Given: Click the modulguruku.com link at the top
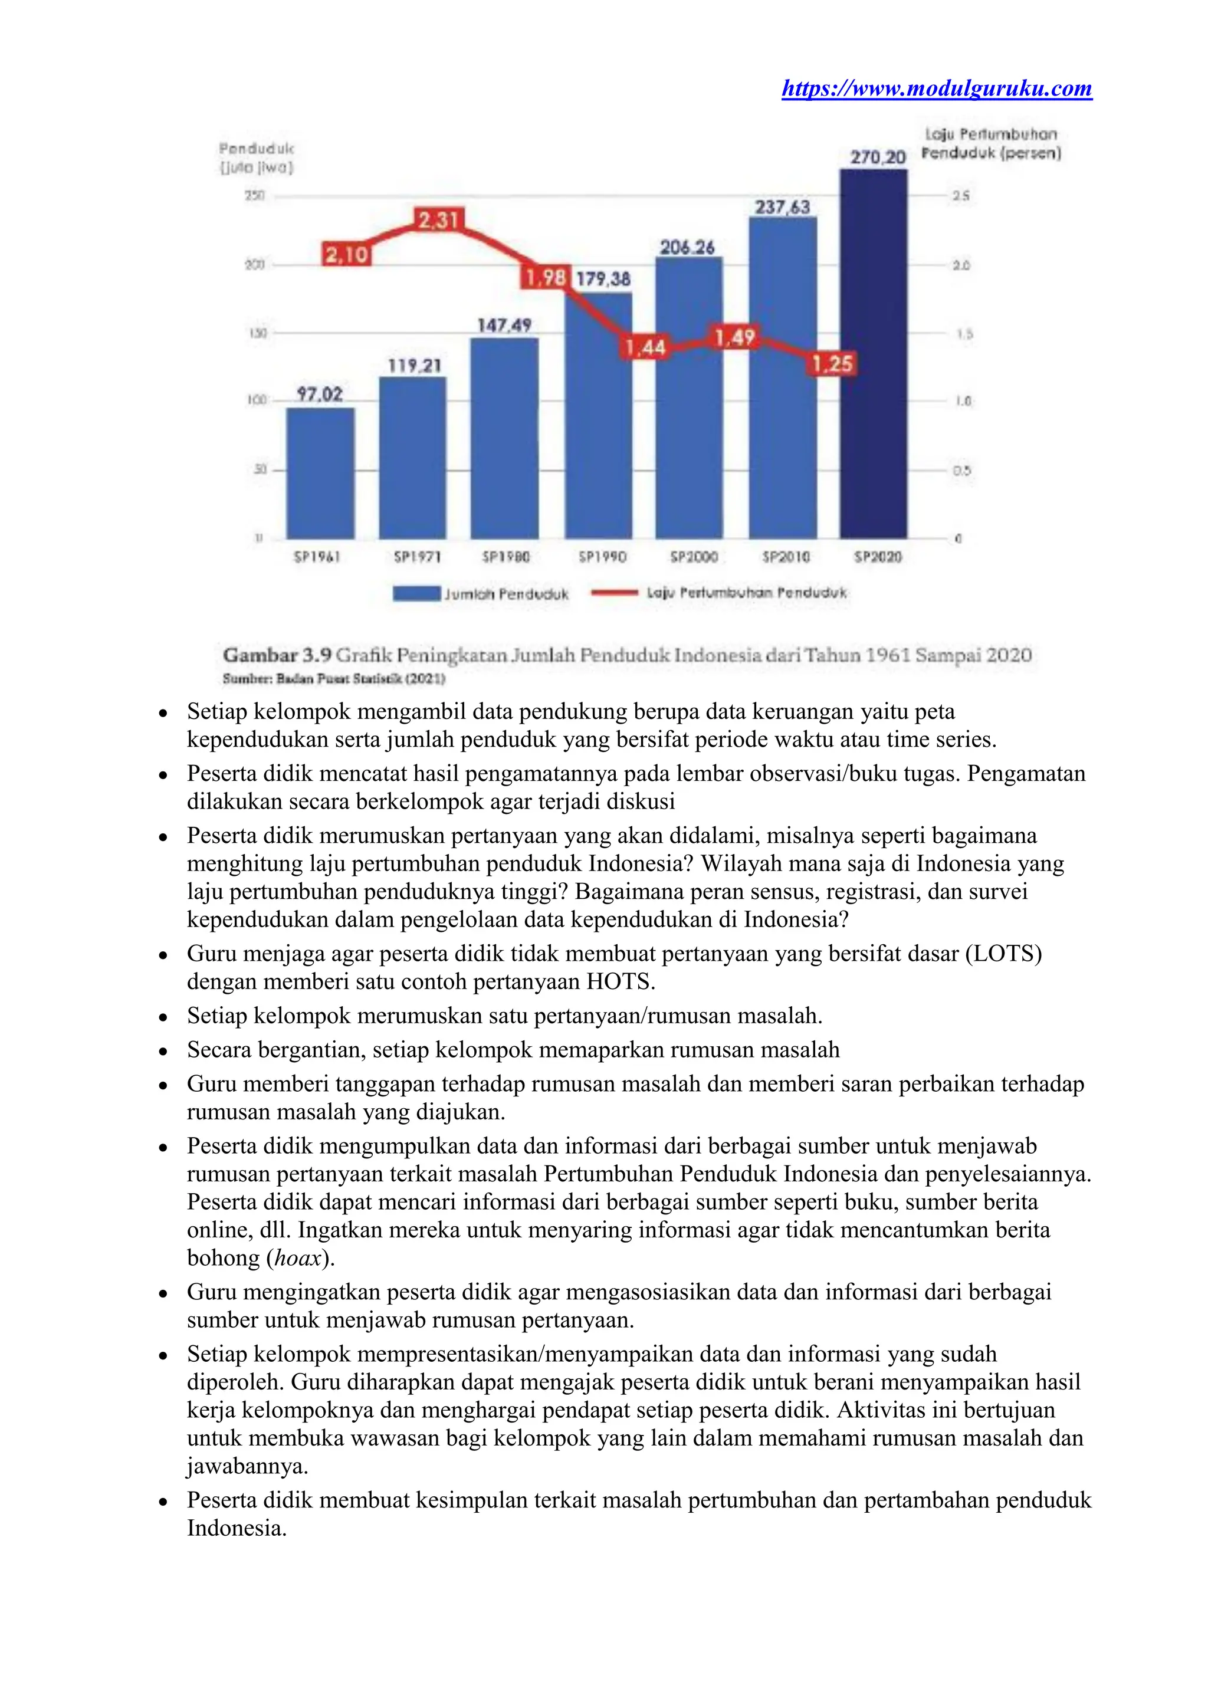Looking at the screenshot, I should point(937,89).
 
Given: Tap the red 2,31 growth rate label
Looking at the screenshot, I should point(438,220).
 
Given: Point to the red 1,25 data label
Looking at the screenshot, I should point(832,364).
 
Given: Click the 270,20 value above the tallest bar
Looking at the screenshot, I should point(878,157).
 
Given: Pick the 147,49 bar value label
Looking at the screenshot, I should point(504,325).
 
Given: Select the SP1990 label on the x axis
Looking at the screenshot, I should point(602,556).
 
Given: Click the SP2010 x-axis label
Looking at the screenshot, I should point(786,556).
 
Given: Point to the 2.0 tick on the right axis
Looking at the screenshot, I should point(961,265).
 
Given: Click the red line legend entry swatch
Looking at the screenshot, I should point(615,593).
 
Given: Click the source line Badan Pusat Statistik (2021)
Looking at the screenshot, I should point(334,678).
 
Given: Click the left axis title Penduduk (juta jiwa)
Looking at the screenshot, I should point(257,157).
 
